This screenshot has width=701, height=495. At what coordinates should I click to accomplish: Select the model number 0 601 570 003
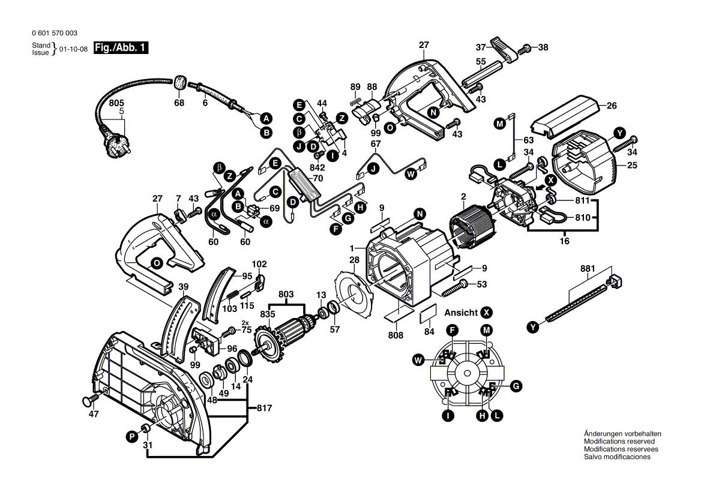(54, 34)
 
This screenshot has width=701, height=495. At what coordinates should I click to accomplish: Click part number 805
(118, 103)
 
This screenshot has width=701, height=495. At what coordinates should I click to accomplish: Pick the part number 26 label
(611, 106)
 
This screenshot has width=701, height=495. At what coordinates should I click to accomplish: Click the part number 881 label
(588, 269)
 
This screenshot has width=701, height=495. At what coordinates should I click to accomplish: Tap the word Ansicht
(461, 313)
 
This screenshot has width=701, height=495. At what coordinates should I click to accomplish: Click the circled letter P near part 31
(131, 437)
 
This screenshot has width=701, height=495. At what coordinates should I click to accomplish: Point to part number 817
(264, 409)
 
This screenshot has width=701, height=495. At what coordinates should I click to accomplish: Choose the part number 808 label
(396, 335)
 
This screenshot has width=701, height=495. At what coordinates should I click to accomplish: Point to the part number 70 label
(318, 178)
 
